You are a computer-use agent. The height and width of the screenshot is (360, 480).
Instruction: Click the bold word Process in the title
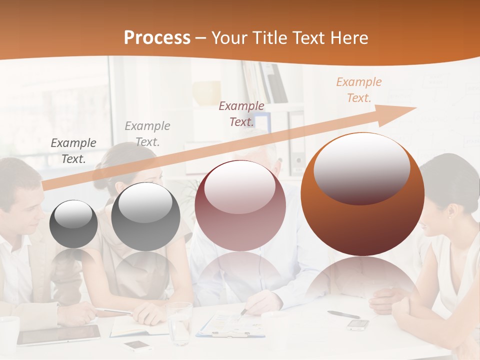157,38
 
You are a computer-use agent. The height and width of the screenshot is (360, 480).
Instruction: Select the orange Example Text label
358,90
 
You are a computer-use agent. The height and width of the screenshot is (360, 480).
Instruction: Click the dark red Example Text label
241,113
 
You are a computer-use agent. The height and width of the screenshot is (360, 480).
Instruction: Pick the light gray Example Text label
147,133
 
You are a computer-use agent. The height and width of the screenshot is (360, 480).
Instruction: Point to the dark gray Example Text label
73,150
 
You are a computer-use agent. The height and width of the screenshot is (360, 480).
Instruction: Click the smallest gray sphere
73,224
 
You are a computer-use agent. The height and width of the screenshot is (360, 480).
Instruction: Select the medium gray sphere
145,216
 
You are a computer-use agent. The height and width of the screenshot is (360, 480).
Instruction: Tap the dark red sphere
240,205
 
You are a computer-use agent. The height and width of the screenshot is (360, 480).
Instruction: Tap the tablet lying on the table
59,334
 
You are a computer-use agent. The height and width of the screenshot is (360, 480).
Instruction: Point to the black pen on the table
343,314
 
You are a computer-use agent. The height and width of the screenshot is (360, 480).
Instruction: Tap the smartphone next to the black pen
358,325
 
